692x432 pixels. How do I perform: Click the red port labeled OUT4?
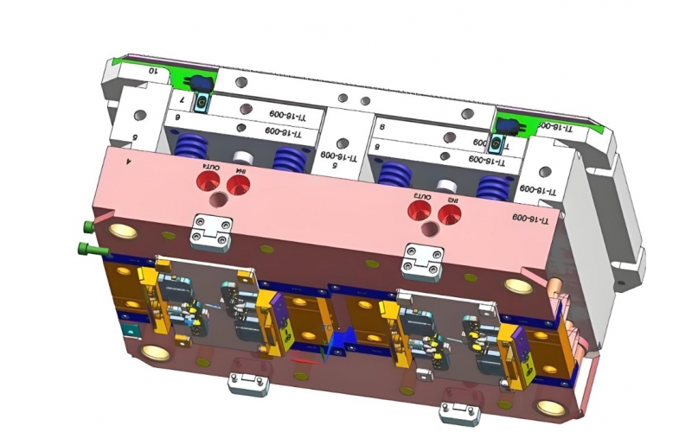coord(208,181)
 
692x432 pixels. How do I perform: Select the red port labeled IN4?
coord(234,184)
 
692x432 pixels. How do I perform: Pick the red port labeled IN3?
coord(447,213)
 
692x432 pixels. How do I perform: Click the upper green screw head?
coord(87,226)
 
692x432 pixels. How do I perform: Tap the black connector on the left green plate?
coord(201,84)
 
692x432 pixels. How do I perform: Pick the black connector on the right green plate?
coord(504,126)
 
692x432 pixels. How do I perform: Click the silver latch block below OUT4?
coord(212,231)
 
